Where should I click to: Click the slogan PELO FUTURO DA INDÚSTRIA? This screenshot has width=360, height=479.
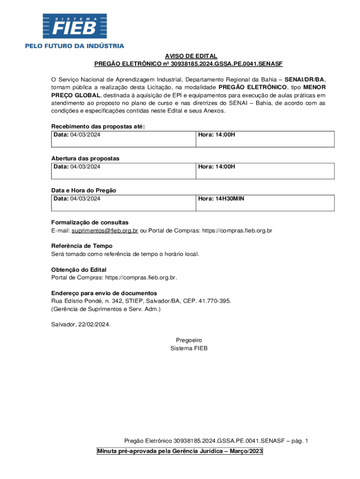point(74,46)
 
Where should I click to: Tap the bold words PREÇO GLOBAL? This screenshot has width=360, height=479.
point(76,95)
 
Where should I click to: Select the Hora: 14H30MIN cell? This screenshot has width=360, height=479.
point(264,203)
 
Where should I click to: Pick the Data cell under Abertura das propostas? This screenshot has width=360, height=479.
point(122,171)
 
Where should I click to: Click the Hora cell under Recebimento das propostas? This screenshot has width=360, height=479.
point(264,139)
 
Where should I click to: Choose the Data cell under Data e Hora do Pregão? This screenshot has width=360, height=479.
point(122,203)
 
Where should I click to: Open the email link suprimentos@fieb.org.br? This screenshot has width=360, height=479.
point(105,231)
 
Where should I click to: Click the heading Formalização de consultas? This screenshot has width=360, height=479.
point(90,222)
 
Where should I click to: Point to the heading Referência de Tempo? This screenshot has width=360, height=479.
point(82,246)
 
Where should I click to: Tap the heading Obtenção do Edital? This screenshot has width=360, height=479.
point(79,269)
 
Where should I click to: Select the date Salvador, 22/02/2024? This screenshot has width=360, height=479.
point(81,324)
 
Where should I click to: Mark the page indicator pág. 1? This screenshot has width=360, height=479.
point(299,441)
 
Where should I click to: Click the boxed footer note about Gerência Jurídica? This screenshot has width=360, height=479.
point(180,451)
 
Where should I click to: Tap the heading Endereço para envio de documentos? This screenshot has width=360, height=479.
point(104,293)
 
